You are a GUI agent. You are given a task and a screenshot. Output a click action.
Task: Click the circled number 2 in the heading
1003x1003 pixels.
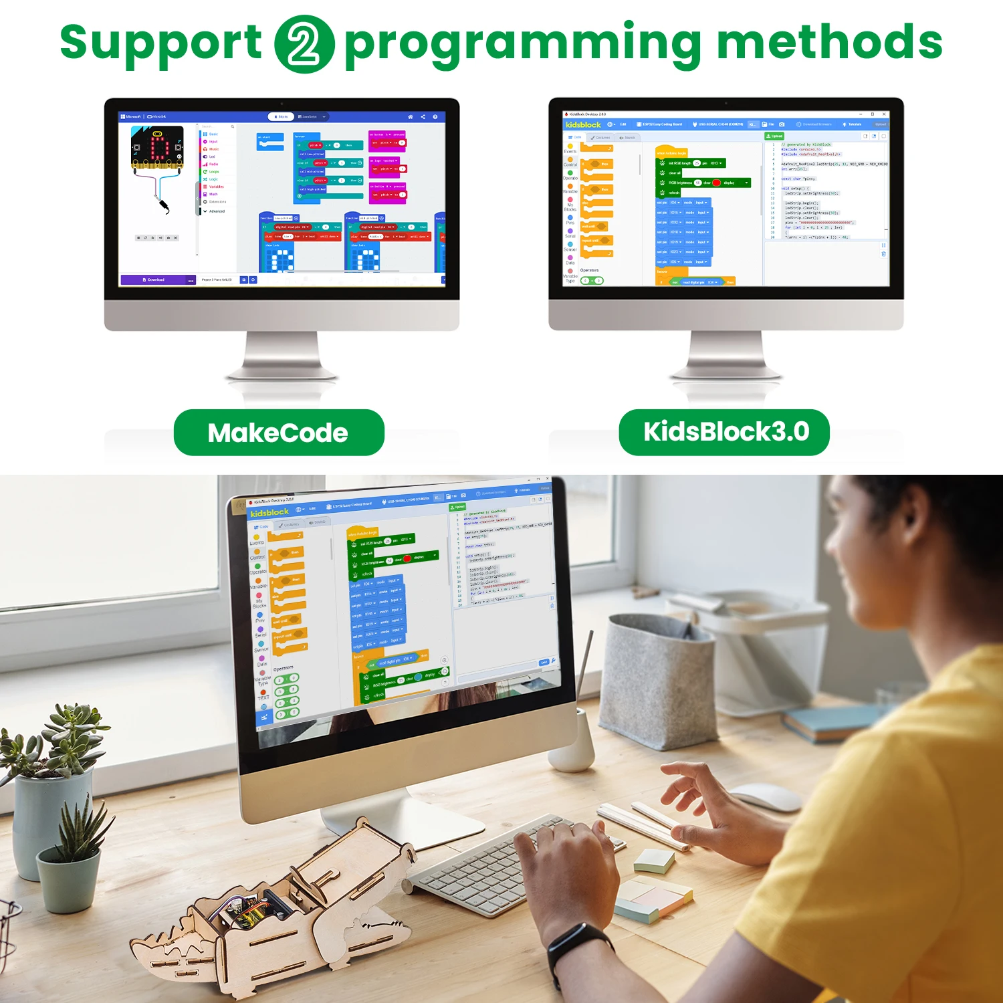click(304, 44)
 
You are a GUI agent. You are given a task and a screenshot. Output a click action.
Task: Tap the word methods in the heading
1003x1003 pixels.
click(829, 43)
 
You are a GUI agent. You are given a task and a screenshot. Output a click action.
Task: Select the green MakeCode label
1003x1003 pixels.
click(278, 433)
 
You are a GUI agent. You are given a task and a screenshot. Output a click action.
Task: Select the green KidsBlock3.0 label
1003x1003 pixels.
click(725, 432)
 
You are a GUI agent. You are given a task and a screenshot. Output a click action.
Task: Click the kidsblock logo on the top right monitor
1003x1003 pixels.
click(583, 124)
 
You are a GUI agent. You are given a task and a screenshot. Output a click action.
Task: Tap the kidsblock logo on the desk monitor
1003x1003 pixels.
click(269, 512)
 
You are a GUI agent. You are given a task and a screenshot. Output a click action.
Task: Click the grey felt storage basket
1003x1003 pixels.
click(659, 682)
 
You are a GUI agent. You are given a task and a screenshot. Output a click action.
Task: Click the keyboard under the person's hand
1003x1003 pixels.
click(481, 863)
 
